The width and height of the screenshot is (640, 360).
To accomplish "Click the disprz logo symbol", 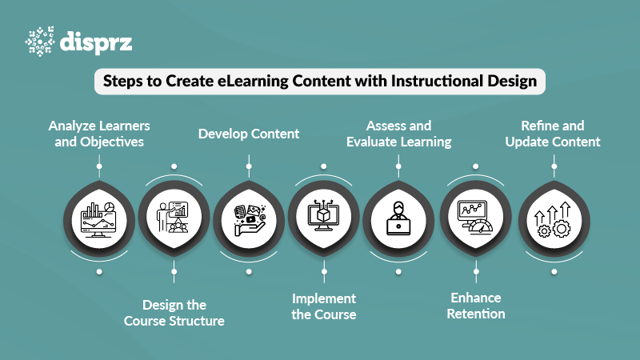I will coord(40,42).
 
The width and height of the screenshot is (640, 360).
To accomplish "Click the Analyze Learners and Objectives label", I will coord(99,134).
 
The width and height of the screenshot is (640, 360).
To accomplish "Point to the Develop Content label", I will coord(249,134).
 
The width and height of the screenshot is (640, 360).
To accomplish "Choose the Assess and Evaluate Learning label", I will coord(398,134).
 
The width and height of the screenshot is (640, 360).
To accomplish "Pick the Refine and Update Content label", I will coord(552,134).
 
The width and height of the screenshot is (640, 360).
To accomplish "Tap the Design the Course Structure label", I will coord(174,313).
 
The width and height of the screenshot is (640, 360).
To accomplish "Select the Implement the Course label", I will coord(323,306).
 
